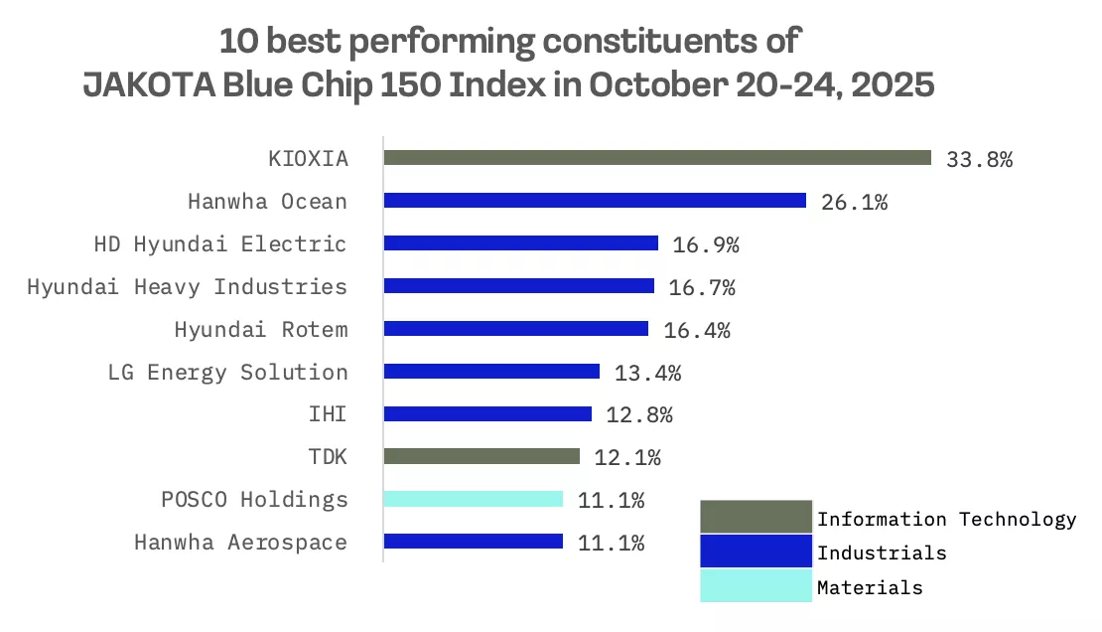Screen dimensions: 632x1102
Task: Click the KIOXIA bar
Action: click(657, 158)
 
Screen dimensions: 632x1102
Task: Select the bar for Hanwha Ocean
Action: click(595, 201)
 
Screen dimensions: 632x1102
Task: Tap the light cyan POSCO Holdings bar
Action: click(474, 499)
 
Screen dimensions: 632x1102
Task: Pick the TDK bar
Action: click(482, 456)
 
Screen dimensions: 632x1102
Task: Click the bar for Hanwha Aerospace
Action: click(474, 542)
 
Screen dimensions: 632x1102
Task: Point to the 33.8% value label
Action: click(980, 159)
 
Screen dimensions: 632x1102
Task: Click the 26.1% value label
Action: click(854, 202)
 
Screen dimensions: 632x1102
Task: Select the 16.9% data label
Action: click(706, 244)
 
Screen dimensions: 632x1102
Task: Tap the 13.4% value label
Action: click(647, 373)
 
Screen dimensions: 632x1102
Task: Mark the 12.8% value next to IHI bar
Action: click(639, 415)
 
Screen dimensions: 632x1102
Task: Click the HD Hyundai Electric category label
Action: click(220, 244)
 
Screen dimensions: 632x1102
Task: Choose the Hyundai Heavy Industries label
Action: click(188, 287)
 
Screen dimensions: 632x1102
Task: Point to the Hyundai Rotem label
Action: click(261, 330)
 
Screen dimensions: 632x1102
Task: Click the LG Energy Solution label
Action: click(228, 373)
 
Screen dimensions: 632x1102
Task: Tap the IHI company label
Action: click(329, 415)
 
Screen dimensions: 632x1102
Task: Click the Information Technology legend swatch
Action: click(756, 518)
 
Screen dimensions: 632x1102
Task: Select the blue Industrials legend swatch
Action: click(756, 552)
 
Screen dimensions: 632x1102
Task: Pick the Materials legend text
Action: click(870, 587)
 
